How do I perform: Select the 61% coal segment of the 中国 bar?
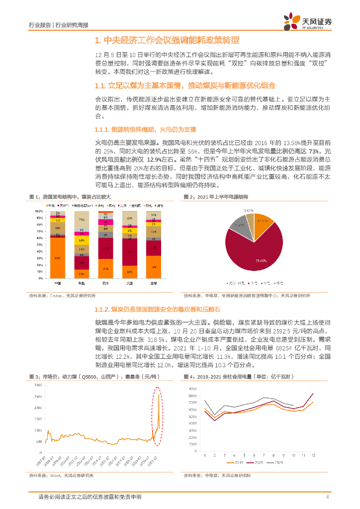click(x=58, y=257)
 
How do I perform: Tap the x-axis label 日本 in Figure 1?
click(x=105, y=283)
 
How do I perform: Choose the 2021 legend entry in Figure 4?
click(x=278, y=463)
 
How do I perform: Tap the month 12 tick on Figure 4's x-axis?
click(x=313, y=454)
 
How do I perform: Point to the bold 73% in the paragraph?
click(x=313, y=151)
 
